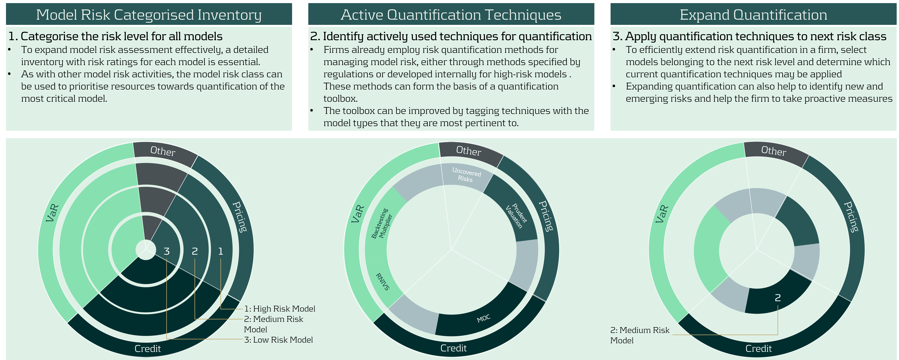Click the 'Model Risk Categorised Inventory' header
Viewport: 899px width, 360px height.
[149, 15]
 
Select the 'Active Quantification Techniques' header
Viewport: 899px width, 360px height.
[451, 15]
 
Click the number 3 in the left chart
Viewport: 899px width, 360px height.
[167, 251]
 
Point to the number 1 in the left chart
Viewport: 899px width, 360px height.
[221, 251]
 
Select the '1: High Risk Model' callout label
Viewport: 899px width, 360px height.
[280, 309]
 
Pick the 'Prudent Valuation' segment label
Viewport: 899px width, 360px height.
[516, 216]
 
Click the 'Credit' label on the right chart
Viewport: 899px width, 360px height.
[759, 348]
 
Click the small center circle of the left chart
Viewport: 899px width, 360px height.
[146, 250]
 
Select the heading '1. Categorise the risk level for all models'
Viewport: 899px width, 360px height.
[115, 36]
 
